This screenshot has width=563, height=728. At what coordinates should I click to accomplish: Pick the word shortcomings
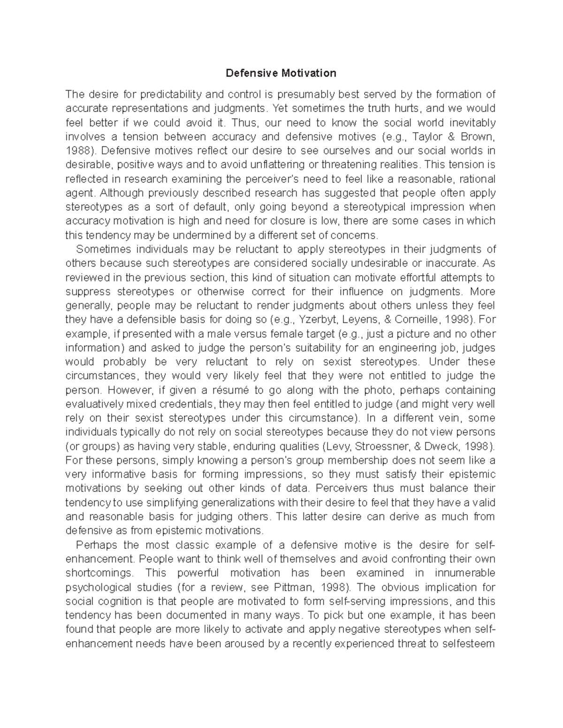coord(99,573)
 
